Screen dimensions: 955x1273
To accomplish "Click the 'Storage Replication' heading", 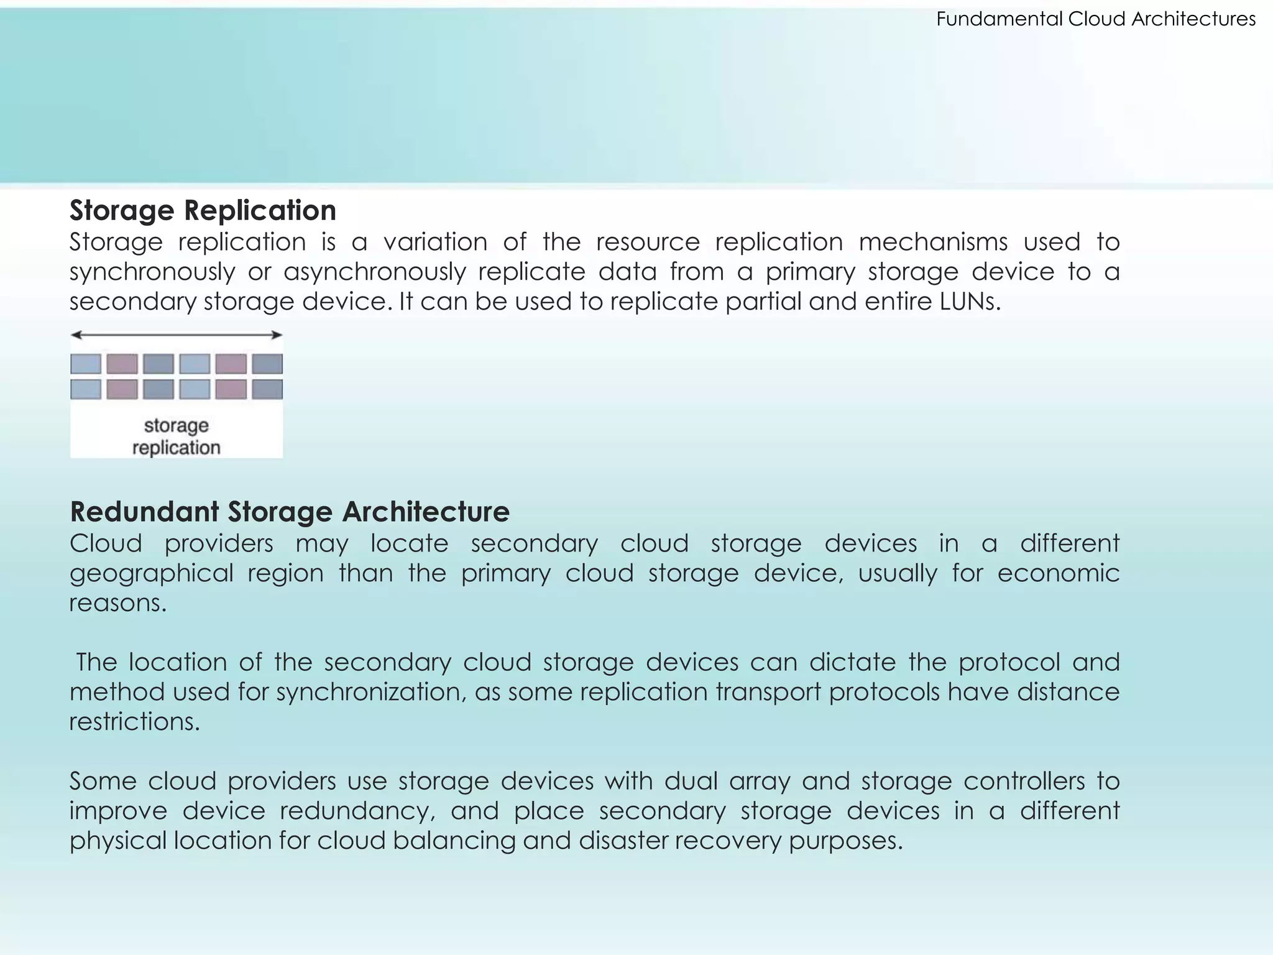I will coord(203,210).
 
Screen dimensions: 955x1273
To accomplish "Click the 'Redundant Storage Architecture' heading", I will coord(290,512).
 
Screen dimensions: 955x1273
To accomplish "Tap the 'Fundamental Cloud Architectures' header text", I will coord(1096,19).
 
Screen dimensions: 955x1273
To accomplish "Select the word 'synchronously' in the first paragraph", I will coord(152,272).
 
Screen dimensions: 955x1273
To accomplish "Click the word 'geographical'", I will coord(151,573).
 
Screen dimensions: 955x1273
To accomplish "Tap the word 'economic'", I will coord(1058,573).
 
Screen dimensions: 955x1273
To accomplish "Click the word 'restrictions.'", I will coord(134,722).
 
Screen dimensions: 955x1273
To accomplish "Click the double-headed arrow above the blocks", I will coord(177,335).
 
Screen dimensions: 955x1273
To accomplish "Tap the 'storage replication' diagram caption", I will coord(177,436).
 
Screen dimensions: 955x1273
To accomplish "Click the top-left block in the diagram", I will coord(86,364).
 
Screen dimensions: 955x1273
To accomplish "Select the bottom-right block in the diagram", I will coord(267,389).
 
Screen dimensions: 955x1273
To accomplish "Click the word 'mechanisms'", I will coord(933,242).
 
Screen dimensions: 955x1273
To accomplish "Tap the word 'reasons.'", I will coord(118,603).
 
